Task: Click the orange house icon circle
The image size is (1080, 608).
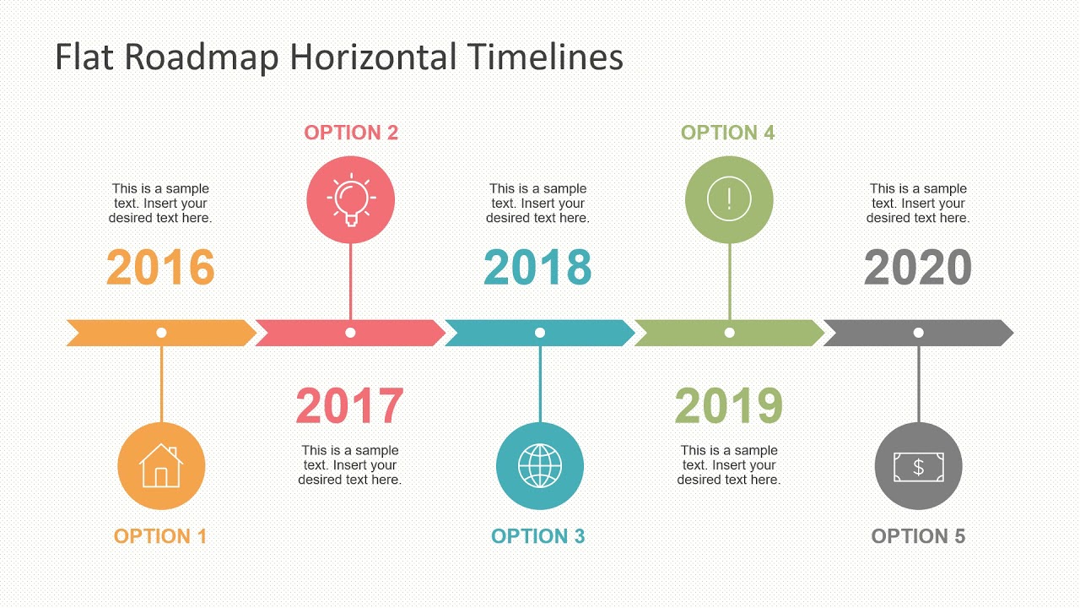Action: click(161, 466)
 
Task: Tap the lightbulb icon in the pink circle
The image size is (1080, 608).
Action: click(350, 200)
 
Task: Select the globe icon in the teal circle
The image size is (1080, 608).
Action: click(540, 466)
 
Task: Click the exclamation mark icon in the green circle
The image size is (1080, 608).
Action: click(729, 200)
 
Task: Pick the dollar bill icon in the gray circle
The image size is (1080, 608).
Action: click(918, 466)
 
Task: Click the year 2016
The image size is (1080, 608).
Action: click(160, 268)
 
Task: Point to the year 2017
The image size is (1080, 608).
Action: click(349, 406)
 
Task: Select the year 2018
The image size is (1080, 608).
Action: click(537, 268)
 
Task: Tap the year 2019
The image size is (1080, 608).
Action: click(728, 406)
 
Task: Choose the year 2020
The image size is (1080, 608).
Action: click(918, 268)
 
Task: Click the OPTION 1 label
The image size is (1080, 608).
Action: click(160, 536)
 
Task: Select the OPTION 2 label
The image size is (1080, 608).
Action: click(351, 133)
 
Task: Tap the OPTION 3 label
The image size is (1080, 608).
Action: click(538, 536)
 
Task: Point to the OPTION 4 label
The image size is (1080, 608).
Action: click(727, 133)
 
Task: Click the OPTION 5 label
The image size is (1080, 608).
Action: click(918, 536)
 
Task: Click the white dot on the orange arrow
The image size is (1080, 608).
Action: click(161, 333)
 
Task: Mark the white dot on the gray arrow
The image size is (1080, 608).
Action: click(918, 333)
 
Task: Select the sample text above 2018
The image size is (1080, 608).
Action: click(537, 204)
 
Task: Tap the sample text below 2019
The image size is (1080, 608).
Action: click(728, 465)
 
